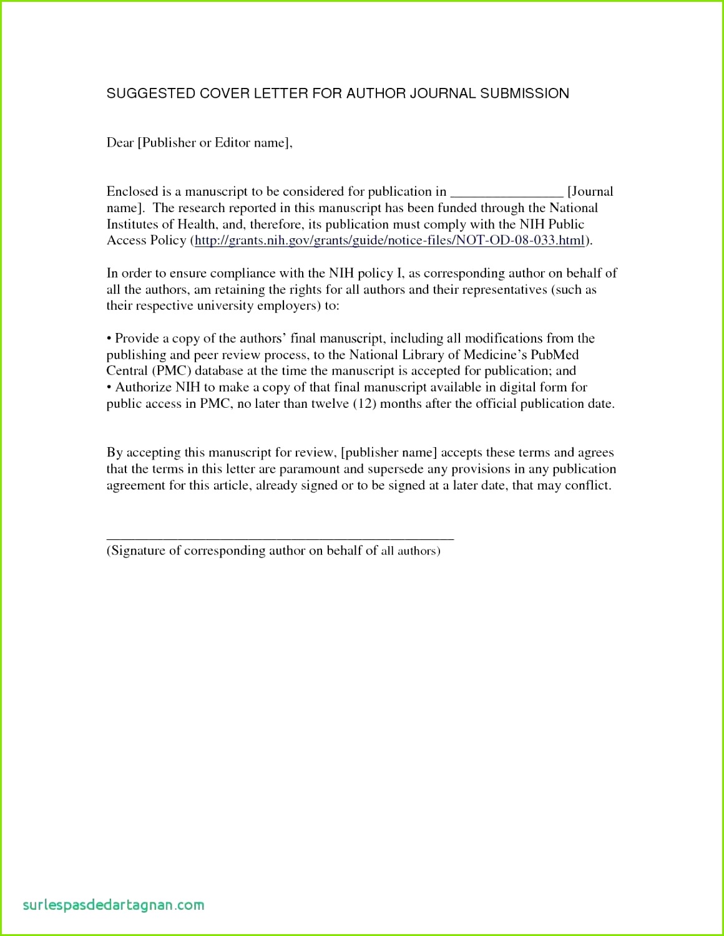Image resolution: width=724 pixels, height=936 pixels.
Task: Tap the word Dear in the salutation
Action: [x=120, y=143]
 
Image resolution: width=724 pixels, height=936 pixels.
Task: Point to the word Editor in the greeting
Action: [x=232, y=143]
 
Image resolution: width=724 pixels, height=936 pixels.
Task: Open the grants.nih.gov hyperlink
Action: [x=389, y=241]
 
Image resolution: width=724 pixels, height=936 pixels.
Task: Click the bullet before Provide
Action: [x=109, y=339]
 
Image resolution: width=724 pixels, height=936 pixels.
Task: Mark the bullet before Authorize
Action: [x=109, y=387]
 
